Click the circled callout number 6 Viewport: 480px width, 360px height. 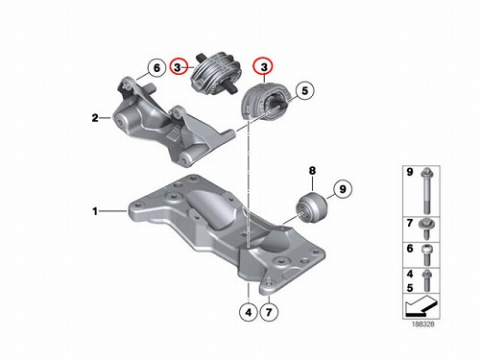[x=156, y=68]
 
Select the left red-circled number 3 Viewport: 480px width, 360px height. [x=178, y=67]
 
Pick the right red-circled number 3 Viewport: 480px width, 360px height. [x=264, y=67]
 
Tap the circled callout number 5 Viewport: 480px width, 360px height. [x=304, y=90]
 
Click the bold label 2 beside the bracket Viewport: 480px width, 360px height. [x=95, y=118]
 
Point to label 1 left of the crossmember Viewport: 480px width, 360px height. [x=95, y=211]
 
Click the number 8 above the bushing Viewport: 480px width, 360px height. [x=312, y=171]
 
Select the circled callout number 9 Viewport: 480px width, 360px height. [x=343, y=189]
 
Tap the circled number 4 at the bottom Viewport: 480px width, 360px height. [x=249, y=312]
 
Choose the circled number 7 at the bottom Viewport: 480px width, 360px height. [x=269, y=312]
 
